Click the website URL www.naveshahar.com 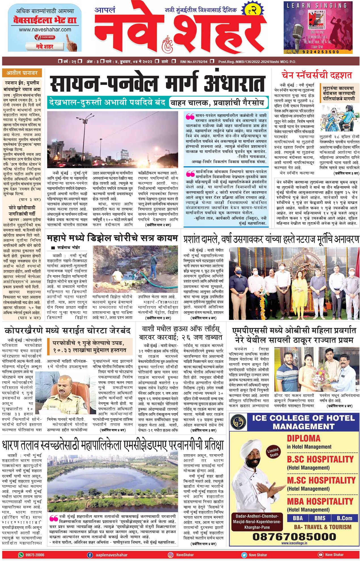45,30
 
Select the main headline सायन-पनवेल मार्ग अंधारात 157,83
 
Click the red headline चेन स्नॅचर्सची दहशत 317,75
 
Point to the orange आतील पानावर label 22,73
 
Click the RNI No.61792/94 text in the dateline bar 194,62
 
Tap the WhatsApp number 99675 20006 35,555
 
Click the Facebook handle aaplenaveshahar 111,555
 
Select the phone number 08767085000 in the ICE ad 294,537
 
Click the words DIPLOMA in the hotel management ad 304,438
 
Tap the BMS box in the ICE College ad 320,518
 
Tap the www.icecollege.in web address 294,543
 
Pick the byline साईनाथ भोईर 68,247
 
